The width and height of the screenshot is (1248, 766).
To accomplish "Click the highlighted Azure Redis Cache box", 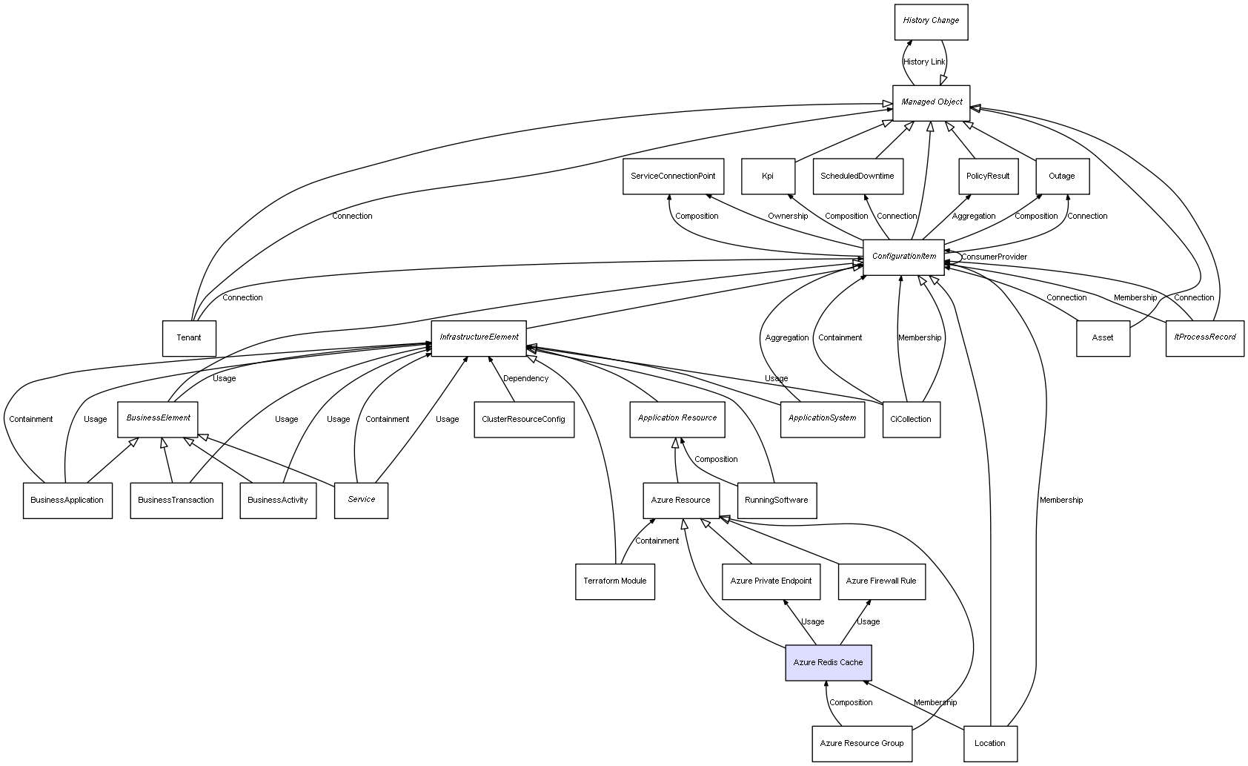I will click(x=828, y=662).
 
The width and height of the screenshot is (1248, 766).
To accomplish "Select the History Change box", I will click(x=931, y=21).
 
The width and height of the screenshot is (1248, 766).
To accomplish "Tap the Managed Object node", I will click(x=931, y=102).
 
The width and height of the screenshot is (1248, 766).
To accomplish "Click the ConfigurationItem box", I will click(x=903, y=257).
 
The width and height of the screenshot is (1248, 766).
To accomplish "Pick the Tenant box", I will click(x=189, y=338).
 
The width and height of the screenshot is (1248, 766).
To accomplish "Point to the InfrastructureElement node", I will click(x=479, y=337).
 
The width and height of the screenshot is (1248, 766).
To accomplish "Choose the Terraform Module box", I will click(x=614, y=581).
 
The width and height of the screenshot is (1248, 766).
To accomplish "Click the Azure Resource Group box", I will click(x=861, y=743).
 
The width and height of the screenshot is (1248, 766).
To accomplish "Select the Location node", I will click(x=989, y=743).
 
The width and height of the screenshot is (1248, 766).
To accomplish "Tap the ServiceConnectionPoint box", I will click(x=673, y=176).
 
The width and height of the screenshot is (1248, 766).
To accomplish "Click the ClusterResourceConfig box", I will click(x=523, y=419).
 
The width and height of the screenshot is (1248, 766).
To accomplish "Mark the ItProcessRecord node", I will click(x=1204, y=337).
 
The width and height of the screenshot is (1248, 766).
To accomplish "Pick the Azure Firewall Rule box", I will click(x=880, y=581).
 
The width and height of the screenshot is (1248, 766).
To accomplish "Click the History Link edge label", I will click(x=924, y=62).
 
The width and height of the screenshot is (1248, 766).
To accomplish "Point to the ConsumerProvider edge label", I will click(x=994, y=257).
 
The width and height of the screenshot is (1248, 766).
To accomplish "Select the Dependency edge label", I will click(x=525, y=379).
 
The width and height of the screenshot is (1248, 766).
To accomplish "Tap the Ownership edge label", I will click(x=788, y=217).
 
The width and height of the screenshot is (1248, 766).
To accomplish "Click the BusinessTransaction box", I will click(x=176, y=501).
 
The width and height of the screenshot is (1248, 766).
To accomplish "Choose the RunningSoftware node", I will click(x=776, y=501).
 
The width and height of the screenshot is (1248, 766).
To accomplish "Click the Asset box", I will click(x=1102, y=338).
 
